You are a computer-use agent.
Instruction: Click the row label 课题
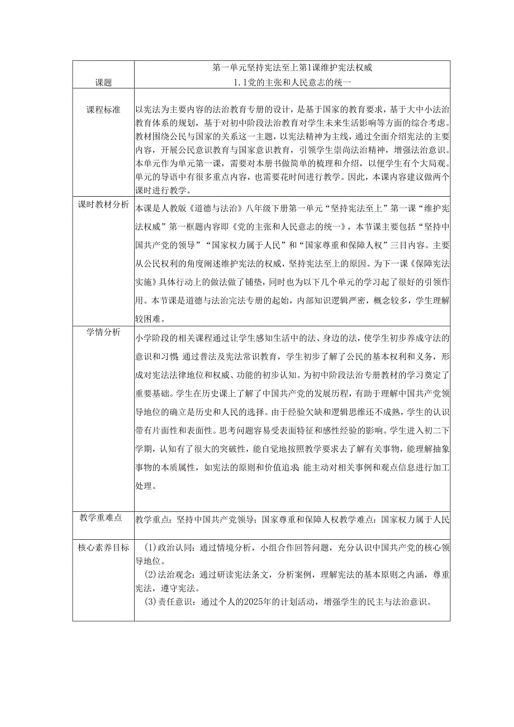(x=103, y=82)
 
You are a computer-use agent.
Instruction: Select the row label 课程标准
(x=103, y=109)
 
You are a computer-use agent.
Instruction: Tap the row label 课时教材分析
(x=103, y=205)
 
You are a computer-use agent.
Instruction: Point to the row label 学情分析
(x=103, y=332)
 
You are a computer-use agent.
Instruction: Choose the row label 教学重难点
(x=103, y=518)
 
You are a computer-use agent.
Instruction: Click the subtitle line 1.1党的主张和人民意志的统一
(x=292, y=82)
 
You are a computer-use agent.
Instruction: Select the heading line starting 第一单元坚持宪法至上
(x=292, y=68)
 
